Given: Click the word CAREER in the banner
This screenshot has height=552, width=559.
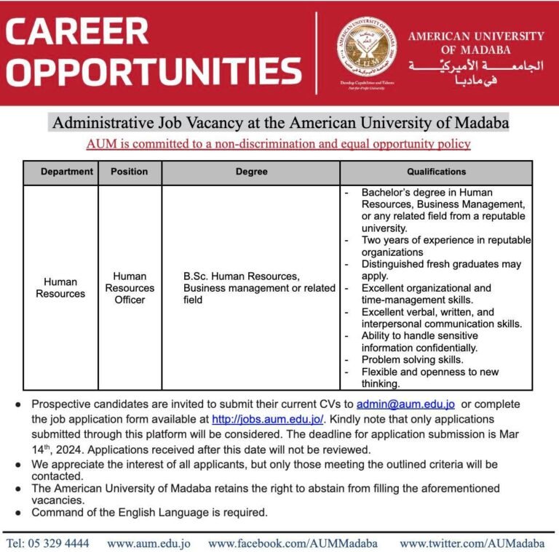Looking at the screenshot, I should click(77, 31).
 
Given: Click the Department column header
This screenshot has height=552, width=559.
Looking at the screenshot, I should click(67, 172).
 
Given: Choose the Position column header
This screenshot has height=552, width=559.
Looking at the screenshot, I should click(129, 172).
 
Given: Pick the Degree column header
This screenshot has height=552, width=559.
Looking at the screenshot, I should click(251, 172).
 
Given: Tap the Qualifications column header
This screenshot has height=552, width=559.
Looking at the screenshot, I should click(436, 172).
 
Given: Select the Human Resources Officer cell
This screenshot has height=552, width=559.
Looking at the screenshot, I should click(130, 288).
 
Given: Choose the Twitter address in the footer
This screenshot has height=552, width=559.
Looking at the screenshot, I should click(472, 543).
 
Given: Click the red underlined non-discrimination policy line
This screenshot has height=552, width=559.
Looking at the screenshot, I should click(279, 144).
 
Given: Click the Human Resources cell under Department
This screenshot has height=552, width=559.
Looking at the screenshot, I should click(60, 288).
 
